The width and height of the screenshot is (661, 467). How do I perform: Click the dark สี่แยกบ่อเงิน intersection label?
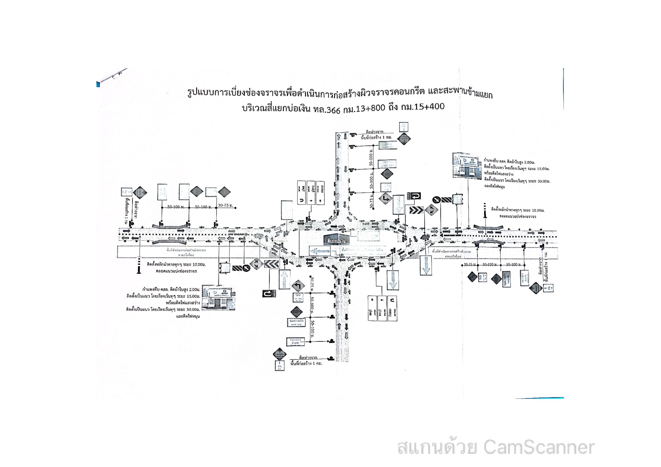[x=336, y=240]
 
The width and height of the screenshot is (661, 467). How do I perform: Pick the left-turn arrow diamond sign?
[x=298, y=285]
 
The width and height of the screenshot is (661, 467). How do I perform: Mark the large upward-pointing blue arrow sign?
[x=284, y=279]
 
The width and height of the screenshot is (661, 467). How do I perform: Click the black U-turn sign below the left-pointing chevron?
[x=268, y=293]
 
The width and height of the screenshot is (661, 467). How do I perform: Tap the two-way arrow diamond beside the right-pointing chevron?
[x=430, y=210]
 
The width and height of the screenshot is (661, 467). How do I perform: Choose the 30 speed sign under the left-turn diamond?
[x=298, y=297]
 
